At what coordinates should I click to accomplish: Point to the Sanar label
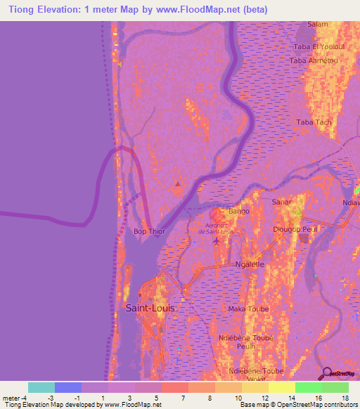click(281, 202)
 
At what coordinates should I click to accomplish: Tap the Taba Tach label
click(314, 122)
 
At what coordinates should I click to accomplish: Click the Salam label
click(318, 24)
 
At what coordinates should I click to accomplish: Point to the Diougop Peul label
click(297, 229)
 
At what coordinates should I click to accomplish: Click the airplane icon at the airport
click(216, 242)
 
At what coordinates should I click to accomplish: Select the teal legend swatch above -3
click(41, 387)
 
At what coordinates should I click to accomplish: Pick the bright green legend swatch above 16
click(308, 387)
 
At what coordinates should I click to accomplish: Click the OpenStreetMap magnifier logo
click(326, 373)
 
